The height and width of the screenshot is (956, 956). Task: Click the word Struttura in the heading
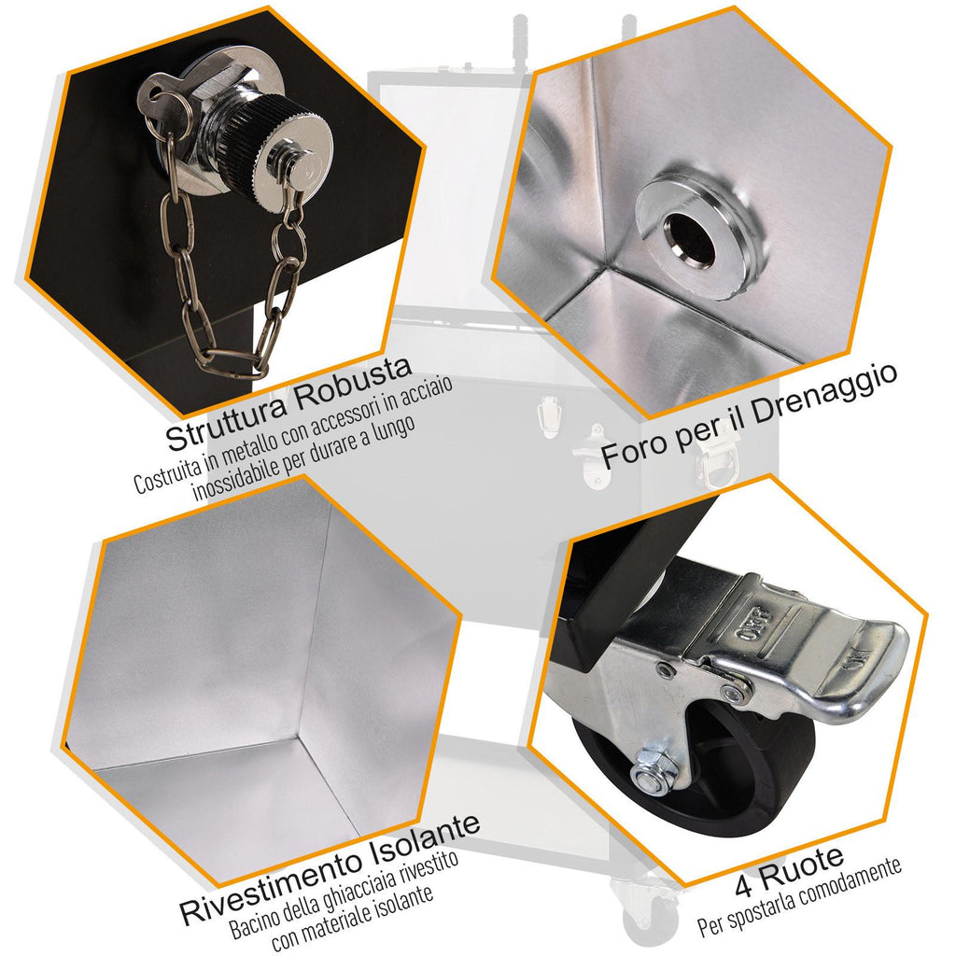pyautogui.click(x=226, y=418)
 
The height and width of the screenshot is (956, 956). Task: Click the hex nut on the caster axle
pyautogui.click(x=654, y=770)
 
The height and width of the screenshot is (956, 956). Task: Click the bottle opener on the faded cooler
pyautogui.click(x=590, y=457)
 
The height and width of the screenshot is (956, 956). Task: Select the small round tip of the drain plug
pyautogui.click(x=300, y=164)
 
